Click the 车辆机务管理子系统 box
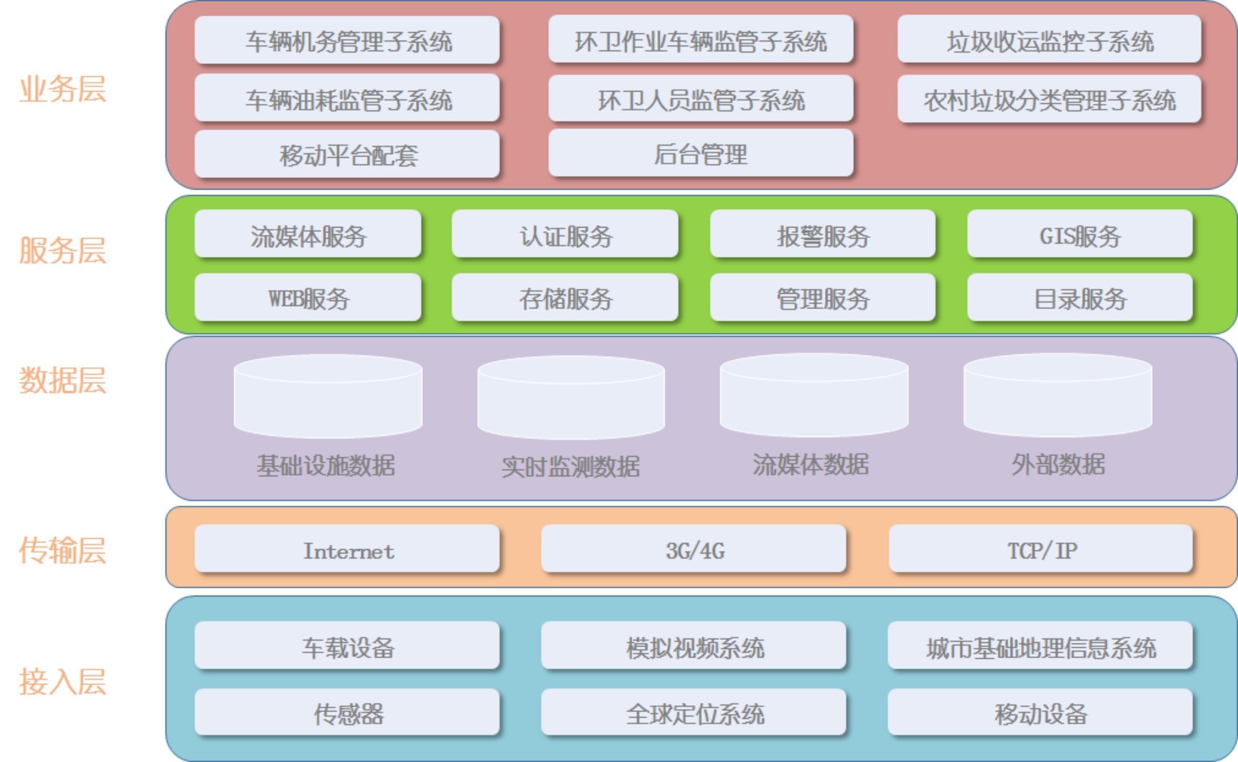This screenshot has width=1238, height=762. coord(347,41)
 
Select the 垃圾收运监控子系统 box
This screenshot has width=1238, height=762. coord(1049,41)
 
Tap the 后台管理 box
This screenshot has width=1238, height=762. coord(700,154)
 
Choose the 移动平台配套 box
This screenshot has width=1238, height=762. coord(347,155)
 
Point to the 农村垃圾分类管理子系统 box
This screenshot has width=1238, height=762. coord(1049,99)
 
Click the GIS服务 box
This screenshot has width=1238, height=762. coord(1080,235)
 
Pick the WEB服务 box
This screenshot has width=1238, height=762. coord(308,298)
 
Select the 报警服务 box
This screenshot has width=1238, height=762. coord(823,235)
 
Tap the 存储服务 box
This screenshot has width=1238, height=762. coord(565,298)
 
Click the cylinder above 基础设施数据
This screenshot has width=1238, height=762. coord(328,397)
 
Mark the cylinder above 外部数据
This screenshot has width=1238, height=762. coord(1058,396)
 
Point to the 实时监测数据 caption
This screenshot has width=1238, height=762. coord(570,466)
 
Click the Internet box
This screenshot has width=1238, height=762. coord(347,550)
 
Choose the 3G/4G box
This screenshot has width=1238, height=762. coord(694,550)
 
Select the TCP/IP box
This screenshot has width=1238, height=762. coord(1041,550)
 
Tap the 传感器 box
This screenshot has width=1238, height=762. coord(347,713)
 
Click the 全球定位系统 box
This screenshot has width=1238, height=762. coord(694,713)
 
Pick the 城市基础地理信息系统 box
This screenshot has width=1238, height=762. coord(1041,647)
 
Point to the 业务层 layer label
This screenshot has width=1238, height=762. coord(62,89)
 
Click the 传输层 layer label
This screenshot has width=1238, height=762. coord(62,550)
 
